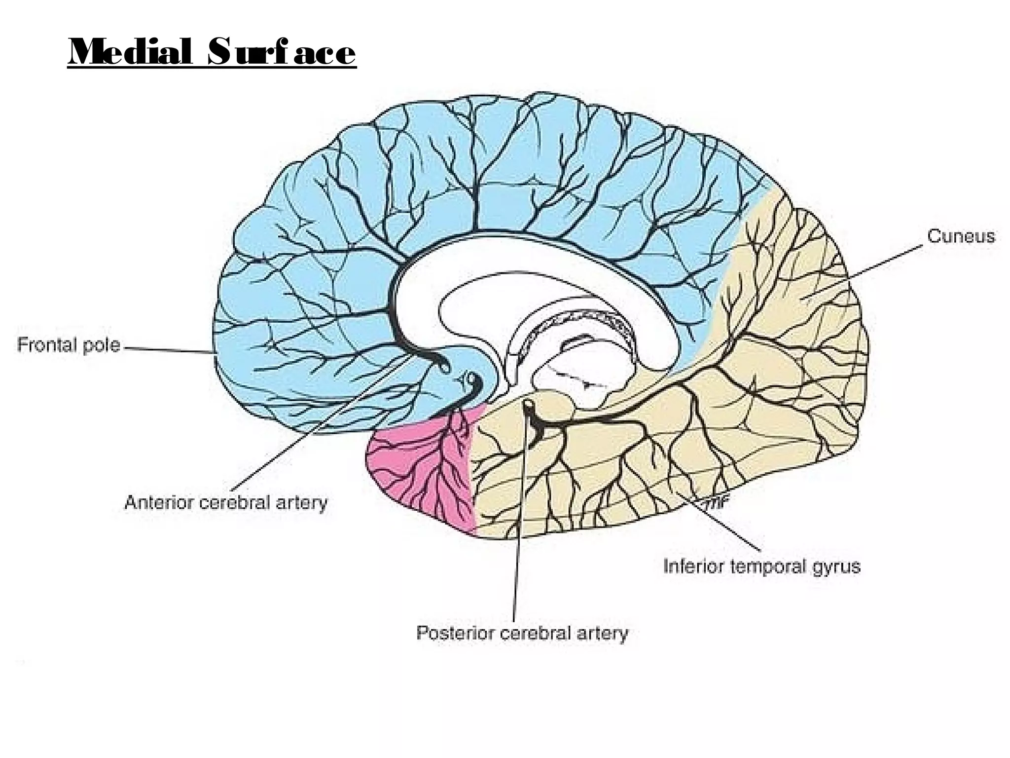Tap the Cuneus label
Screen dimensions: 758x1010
point(961,236)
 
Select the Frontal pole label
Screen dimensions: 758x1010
point(69,344)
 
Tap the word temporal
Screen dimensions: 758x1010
point(767,567)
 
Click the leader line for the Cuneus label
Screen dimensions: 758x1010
point(863,271)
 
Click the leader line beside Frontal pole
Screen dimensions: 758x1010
point(168,350)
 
